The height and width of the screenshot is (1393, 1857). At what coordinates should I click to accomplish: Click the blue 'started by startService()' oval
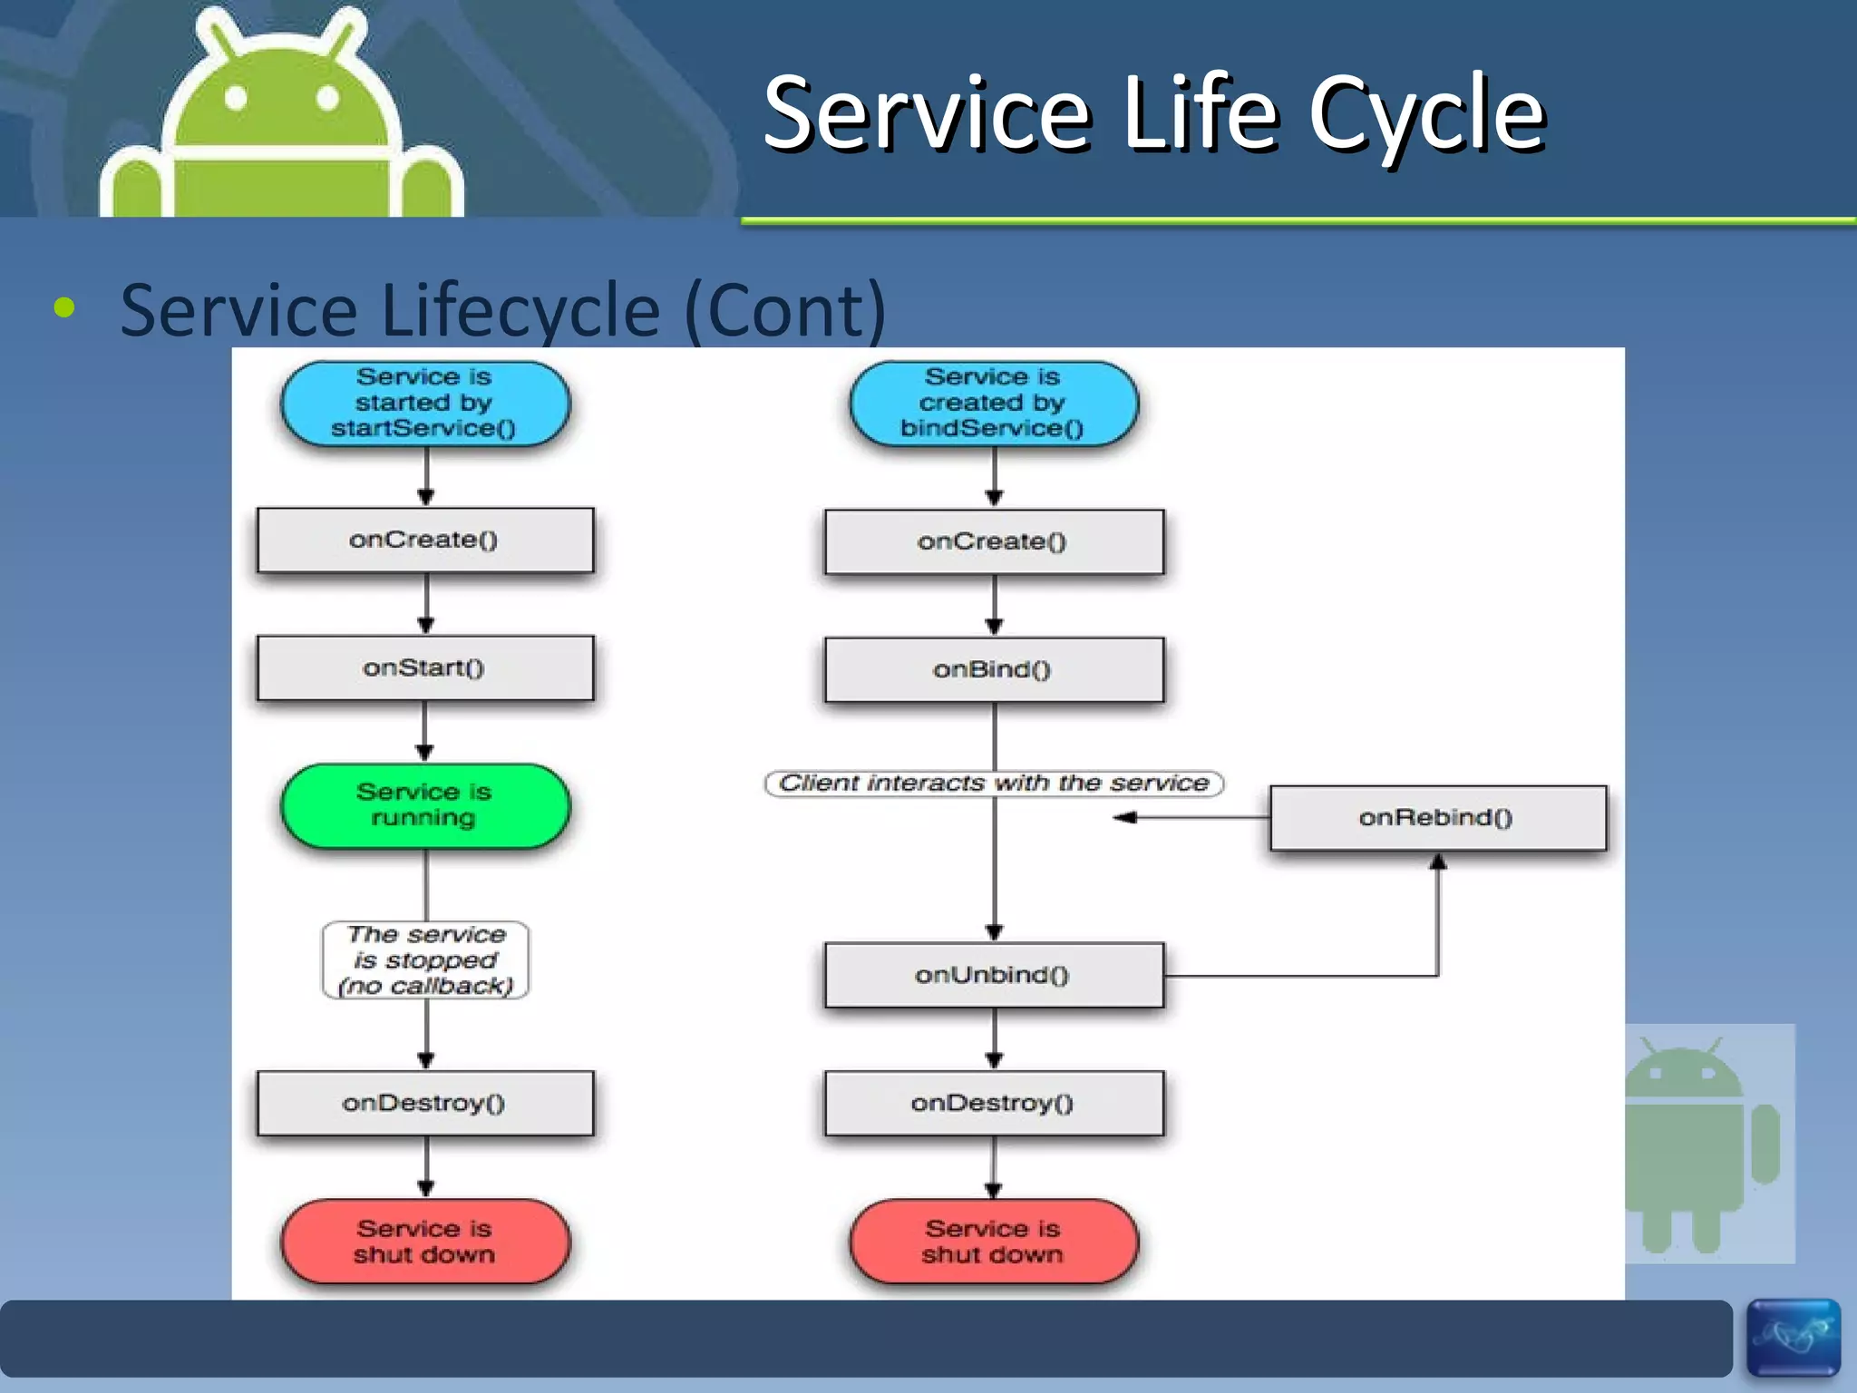pyautogui.click(x=424, y=403)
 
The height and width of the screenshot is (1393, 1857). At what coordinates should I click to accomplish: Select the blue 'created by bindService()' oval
pyautogui.click(x=993, y=403)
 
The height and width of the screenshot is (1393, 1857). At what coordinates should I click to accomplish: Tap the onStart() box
pyautogui.click(x=424, y=668)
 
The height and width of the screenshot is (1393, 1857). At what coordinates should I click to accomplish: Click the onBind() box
pyautogui.click(x=993, y=670)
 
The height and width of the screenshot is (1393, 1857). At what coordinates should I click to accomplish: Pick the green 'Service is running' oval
pyautogui.click(x=424, y=805)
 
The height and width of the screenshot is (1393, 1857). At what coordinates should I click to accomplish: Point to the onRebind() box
pyautogui.click(x=1437, y=818)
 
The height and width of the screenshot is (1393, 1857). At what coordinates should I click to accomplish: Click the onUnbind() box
pyautogui.click(x=993, y=975)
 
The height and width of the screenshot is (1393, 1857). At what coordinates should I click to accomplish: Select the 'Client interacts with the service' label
pyautogui.click(x=994, y=784)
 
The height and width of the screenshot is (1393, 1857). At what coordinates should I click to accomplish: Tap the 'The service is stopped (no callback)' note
pyautogui.click(x=425, y=960)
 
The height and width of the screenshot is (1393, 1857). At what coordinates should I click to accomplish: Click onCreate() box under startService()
pyautogui.click(x=424, y=541)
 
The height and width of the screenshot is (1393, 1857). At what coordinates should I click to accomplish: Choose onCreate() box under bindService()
pyautogui.click(x=993, y=542)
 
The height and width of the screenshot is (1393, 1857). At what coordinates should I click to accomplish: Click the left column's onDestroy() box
pyautogui.click(x=424, y=1103)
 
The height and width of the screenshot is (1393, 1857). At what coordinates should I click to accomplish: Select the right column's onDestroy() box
pyautogui.click(x=993, y=1103)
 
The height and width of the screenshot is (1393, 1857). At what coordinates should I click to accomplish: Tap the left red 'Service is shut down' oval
pyautogui.click(x=424, y=1242)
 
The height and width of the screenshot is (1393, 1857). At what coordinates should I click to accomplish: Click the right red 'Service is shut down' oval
pyautogui.click(x=993, y=1242)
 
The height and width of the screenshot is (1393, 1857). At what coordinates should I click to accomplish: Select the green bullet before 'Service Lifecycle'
pyautogui.click(x=64, y=308)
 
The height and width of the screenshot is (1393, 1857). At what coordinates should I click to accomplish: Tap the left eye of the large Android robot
pyautogui.click(x=236, y=98)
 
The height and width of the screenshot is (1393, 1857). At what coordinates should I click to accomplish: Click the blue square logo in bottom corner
pyautogui.click(x=1793, y=1338)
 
